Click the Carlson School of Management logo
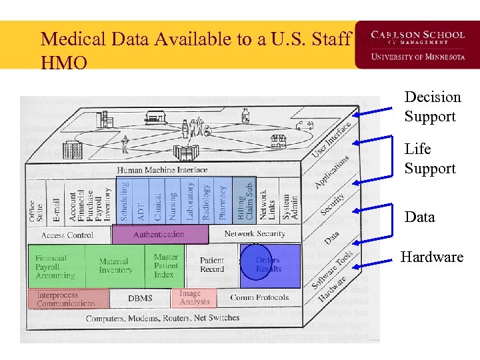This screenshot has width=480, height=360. tap(418, 45)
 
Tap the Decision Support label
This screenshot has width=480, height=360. tap(432, 107)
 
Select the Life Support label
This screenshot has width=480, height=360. tap(430, 159)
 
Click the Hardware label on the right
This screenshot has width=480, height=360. tap(431, 257)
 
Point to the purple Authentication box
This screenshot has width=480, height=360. tap(159, 235)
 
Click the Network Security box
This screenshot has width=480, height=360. tap(254, 234)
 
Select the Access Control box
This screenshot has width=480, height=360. tap(67, 235)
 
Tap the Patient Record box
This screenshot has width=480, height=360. tap(212, 265)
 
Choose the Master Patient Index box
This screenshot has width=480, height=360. tap(165, 265)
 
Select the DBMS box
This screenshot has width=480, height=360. tap(140, 298)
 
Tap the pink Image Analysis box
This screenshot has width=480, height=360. tap(195, 297)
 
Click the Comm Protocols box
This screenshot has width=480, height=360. tap(259, 297)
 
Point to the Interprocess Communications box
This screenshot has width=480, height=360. tap(67, 299)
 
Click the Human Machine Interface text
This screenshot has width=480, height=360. tap(162, 170)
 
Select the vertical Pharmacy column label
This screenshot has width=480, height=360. tap(223, 202)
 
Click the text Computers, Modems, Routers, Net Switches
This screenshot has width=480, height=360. tap(162, 318)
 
